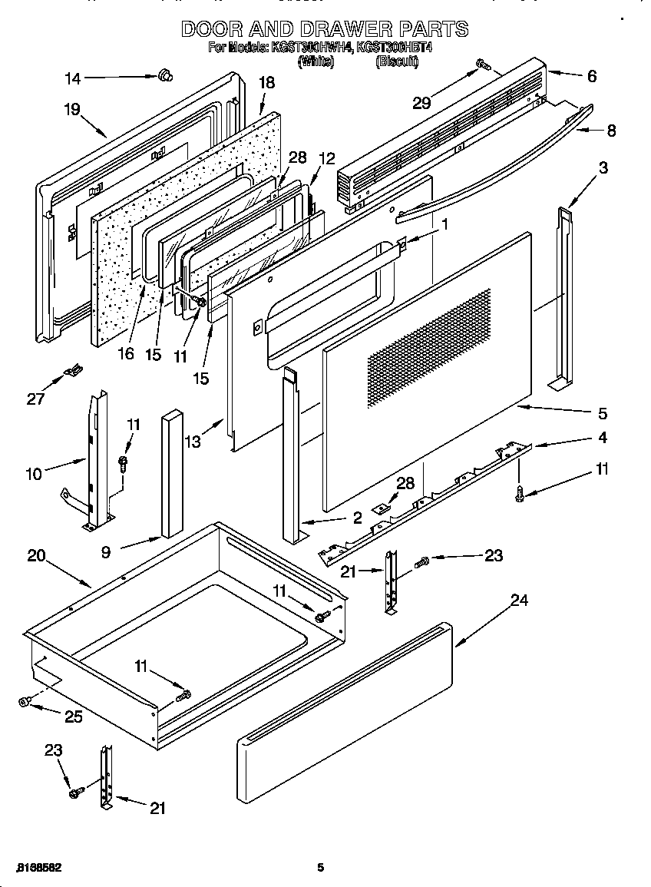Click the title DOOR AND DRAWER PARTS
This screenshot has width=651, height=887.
pos(325,29)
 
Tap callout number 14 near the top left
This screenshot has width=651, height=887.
pos(72,77)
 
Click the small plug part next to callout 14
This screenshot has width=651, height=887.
pos(164,74)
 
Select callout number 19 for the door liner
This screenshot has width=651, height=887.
pos(72,110)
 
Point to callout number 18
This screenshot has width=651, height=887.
pos(266,83)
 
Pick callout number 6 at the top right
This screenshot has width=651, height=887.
pos(591,76)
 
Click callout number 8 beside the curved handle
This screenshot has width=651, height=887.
pos(610,131)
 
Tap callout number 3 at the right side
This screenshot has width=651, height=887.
pos(603,168)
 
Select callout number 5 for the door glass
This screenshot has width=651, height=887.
pos(602,414)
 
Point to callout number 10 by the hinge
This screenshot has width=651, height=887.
pos(34,474)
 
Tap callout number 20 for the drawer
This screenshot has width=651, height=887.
pos(36,556)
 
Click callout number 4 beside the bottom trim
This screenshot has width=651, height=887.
pos(602,438)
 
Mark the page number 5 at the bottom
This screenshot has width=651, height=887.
pos(321,868)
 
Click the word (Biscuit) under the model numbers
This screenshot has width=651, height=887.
pos(396,62)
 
